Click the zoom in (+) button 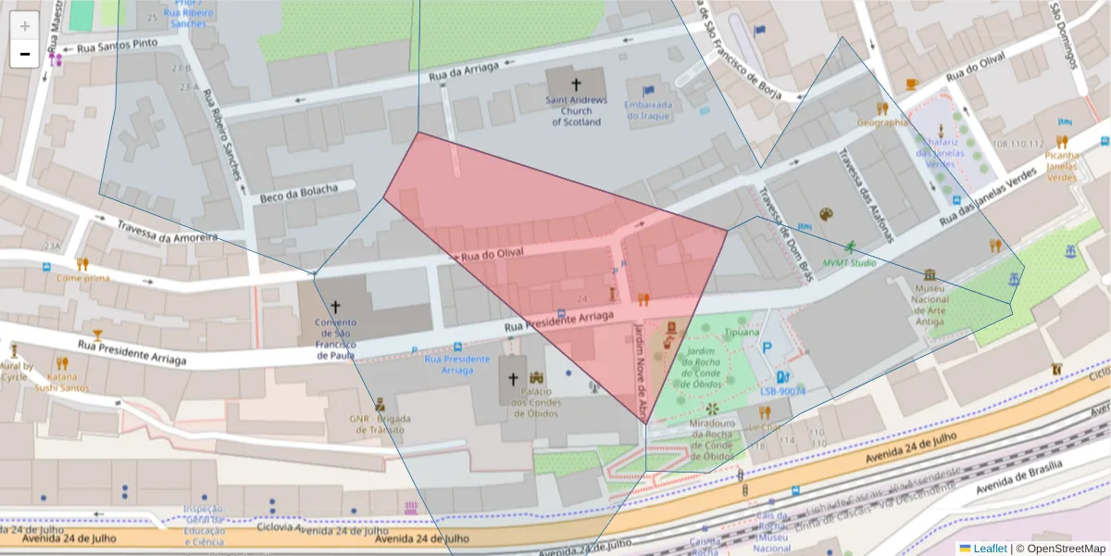(x=25, y=26)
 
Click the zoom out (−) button (x=25, y=54)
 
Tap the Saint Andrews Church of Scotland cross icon (x=576, y=83)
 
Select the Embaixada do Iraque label (x=648, y=110)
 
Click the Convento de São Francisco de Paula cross (x=335, y=305)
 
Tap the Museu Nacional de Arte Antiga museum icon (x=930, y=275)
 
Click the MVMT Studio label (x=850, y=262)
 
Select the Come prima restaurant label (x=82, y=277)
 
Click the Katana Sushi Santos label (x=62, y=382)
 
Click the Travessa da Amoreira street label (x=168, y=232)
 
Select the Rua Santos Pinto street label (x=119, y=45)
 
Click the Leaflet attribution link (x=989, y=549)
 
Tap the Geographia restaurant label (x=882, y=122)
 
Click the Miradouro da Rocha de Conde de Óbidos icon (x=712, y=409)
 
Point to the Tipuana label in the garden (x=742, y=332)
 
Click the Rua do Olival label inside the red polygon (x=493, y=252)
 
